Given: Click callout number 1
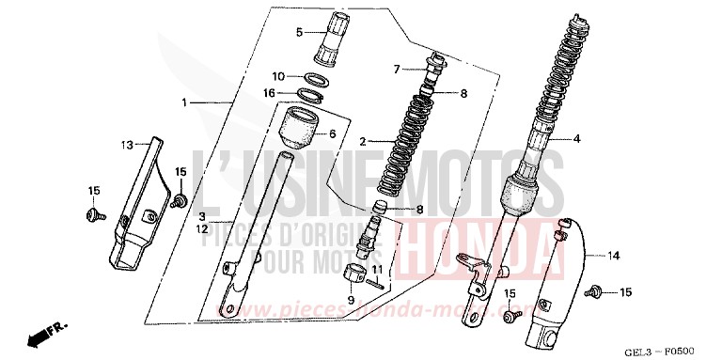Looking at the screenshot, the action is click(185, 102).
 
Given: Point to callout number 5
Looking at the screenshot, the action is click(299, 32).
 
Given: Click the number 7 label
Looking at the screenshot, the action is click(398, 69).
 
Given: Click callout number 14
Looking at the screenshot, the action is click(614, 255).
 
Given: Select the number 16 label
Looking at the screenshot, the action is click(269, 93).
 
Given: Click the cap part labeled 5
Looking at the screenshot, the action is click(333, 35).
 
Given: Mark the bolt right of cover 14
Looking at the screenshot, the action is click(594, 293).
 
